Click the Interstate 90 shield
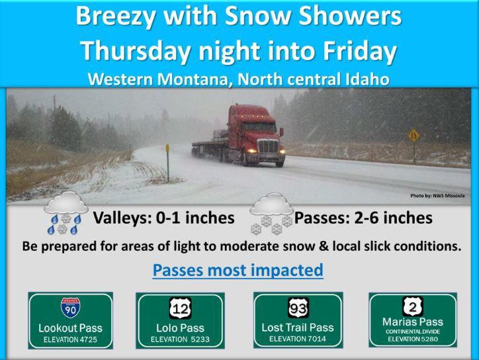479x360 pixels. (x=71, y=308)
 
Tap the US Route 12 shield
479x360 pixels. (x=180, y=308)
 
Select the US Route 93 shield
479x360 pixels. (x=298, y=308)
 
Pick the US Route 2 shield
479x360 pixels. (x=413, y=306)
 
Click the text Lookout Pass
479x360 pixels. (x=70, y=328)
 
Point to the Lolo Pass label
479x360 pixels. (x=180, y=328)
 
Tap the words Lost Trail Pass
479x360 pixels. (x=298, y=328)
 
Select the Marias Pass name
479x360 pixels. (x=413, y=322)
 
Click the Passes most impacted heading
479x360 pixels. (x=238, y=270)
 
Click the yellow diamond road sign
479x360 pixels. (x=414, y=136)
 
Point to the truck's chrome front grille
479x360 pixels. (x=268, y=146)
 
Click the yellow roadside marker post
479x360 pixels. (x=167, y=163)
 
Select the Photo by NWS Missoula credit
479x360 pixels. (x=437, y=196)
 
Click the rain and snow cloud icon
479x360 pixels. (x=65, y=213)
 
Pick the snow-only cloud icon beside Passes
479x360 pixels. (x=271, y=214)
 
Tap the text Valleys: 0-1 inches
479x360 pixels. (x=163, y=218)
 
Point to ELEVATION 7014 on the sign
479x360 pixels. (x=298, y=339)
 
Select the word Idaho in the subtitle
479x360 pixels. (x=367, y=79)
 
